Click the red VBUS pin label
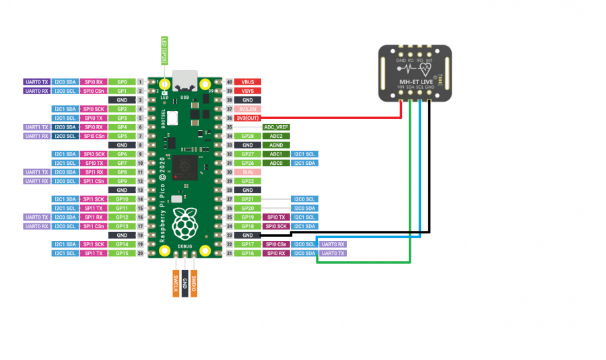pyautogui.click(x=247, y=81)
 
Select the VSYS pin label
pyautogui.click(x=247, y=90)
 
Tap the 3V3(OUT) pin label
pyautogui.click(x=247, y=118)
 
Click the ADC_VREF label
pyautogui.click(x=276, y=127)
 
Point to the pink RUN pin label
pyautogui.click(x=247, y=172)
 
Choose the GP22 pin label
pyautogui.click(x=247, y=181)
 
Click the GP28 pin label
pyautogui.click(x=247, y=136)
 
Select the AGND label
pyautogui.click(x=276, y=145)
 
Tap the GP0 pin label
pyautogui.click(x=122, y=81)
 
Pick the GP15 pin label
pyautogui.click(x=122, y=253)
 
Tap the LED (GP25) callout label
pyautogui.click(x=164, y=51)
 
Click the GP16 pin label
pyautogui.click(x=247, y=253)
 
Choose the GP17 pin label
pyautogui.click(x=247, y=244)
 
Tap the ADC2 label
pyautogui.click(x=276, y=136)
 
